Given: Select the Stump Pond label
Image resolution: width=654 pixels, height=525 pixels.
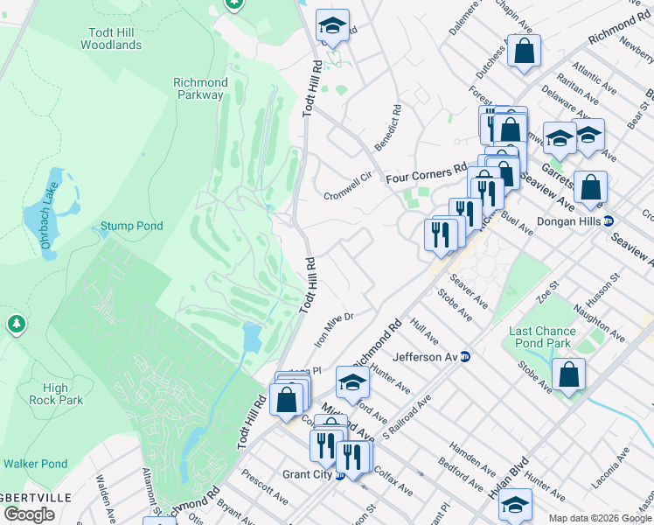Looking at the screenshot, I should coord(131,226).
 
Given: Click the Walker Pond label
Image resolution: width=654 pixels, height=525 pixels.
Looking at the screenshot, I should coord(34,464).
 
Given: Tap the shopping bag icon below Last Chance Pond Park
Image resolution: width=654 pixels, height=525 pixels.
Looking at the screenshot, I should coord(568,375).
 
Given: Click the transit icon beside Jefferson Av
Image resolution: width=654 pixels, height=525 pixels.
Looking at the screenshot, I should coord(465,357).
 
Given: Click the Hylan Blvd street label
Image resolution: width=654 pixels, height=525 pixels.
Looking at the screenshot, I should coord(510,478).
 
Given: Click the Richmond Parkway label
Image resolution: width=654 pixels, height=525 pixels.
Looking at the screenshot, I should coord(200,88).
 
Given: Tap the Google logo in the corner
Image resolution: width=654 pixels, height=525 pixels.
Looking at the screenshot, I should coord(30,514).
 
